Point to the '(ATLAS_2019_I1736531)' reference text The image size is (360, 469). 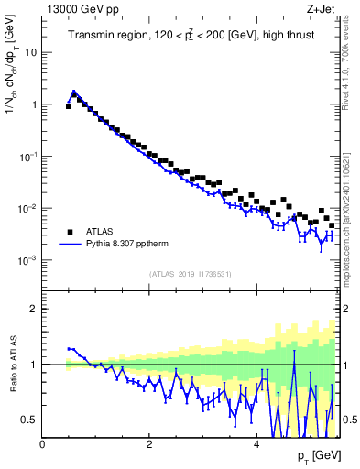190,275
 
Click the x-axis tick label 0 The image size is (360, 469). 42,443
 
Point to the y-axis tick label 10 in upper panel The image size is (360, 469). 30,52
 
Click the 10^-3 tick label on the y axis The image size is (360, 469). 28,260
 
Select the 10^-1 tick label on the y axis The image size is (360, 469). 28,157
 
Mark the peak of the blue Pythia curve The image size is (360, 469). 74,92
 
